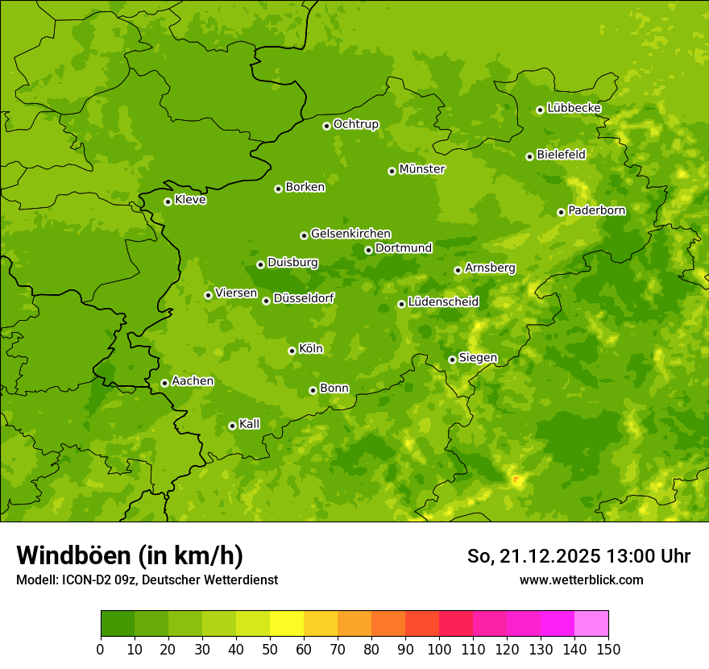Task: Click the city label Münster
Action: click(421, 169)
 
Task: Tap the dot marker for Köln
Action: click(292, 351)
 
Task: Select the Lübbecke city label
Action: click(574, 108)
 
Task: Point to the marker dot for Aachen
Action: click(164, 383)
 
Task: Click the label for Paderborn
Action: click(596, 210)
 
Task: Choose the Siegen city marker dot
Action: click(452, 359)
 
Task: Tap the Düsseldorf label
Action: click(303, 298)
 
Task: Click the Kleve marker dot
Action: click(168, 202)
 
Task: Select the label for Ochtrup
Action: click(355, 124)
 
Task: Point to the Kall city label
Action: click(249, 424)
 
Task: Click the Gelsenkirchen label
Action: click(350, 234)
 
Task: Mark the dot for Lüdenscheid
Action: click(401, 304)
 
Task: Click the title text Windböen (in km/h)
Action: click(130, 555)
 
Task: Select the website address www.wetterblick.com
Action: click(581, 580)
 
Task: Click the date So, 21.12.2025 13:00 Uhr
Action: click(578, 556)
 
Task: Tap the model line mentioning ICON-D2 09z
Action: click(147, 580)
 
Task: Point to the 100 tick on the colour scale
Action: click(439, 649)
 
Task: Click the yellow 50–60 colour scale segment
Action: click(287, 624)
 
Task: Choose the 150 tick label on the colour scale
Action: click(608, 649)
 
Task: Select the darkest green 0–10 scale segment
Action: click(118, 624)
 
